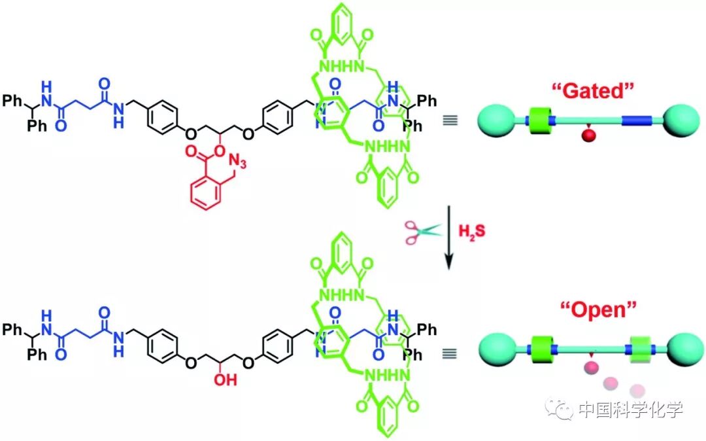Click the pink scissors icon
(421, 232)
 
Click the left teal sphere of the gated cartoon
(496, 121)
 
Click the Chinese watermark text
(630, 410)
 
